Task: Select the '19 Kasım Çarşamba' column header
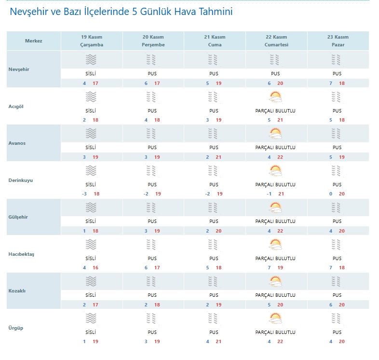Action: coord(92,41)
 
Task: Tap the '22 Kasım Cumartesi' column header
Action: coord(276,41)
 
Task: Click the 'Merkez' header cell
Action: coord(34,41)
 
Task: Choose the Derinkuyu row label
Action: coord(21,180)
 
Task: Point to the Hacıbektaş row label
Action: coord(22,254)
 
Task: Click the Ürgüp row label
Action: coord(16,328)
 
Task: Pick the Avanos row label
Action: coord(18,143)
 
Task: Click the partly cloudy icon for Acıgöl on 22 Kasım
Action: coord(275,97)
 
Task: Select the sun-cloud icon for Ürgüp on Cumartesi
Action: coord(275,319)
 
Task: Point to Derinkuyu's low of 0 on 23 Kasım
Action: coord(331,194)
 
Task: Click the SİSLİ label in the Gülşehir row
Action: coord(91,221)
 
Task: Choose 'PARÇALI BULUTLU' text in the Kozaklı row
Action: coord(275,295)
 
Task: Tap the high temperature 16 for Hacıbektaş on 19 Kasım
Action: coord(95,267)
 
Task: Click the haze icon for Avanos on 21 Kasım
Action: coord(214,134)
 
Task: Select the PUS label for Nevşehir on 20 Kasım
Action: coord(152,74)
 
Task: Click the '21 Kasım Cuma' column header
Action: coord(214,41)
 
